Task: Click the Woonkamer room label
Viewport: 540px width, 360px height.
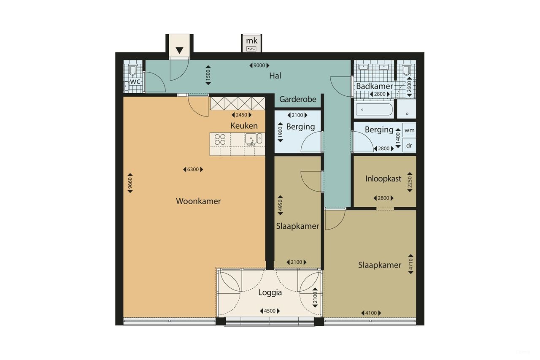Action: pos(198,201)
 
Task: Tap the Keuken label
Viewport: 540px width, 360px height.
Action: pos(244,126)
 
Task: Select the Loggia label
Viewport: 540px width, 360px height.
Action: pos(270,292)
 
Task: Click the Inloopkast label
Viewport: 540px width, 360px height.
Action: pos(383,179)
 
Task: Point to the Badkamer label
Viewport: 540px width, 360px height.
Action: pos(375,86)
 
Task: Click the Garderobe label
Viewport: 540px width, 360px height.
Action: pos(297,100)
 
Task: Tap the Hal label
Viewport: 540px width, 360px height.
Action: pos(275,76)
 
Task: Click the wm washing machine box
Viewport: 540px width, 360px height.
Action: pos(409,131)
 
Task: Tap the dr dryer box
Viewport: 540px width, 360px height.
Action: pos(409,145)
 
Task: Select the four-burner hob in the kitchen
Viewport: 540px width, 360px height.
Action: pos(220,139)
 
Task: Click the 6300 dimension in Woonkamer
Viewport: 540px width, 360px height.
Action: pos(193,170)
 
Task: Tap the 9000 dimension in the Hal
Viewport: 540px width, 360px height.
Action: pos(259,65)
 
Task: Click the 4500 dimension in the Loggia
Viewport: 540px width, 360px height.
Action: pos(270,311)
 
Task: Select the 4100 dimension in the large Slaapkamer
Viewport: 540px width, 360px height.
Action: pos(371,313)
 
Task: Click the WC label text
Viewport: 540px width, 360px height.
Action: pos(135,81)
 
